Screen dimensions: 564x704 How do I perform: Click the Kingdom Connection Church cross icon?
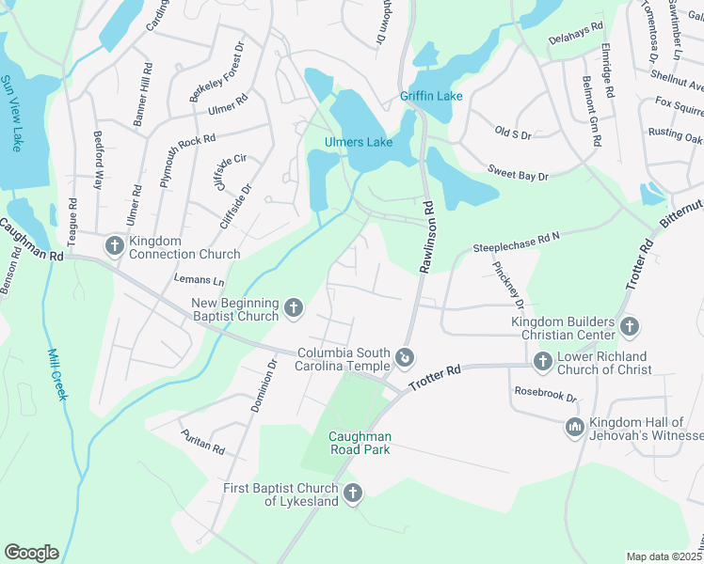[115, 245]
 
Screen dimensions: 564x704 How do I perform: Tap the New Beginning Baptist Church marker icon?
[294, 307]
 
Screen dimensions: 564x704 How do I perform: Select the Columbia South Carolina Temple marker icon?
[405, 356]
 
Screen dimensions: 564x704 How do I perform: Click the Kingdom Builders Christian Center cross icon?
[630, 326]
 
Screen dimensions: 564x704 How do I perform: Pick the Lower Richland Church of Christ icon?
[542, 360]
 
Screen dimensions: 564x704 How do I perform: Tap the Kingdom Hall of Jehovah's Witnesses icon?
[575, 428]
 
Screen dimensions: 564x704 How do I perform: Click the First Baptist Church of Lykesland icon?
[353, 493]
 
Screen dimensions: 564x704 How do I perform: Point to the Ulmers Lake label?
[358, 143]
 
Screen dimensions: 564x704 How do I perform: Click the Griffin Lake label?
[431, 96]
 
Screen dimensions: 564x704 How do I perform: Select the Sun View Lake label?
[15, 114]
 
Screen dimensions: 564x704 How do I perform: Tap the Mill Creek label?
[56, 374]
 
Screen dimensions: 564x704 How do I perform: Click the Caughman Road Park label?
[359, 443]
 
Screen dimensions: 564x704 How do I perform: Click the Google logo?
[31, 553]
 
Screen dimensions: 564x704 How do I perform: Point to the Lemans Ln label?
[200, 280]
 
